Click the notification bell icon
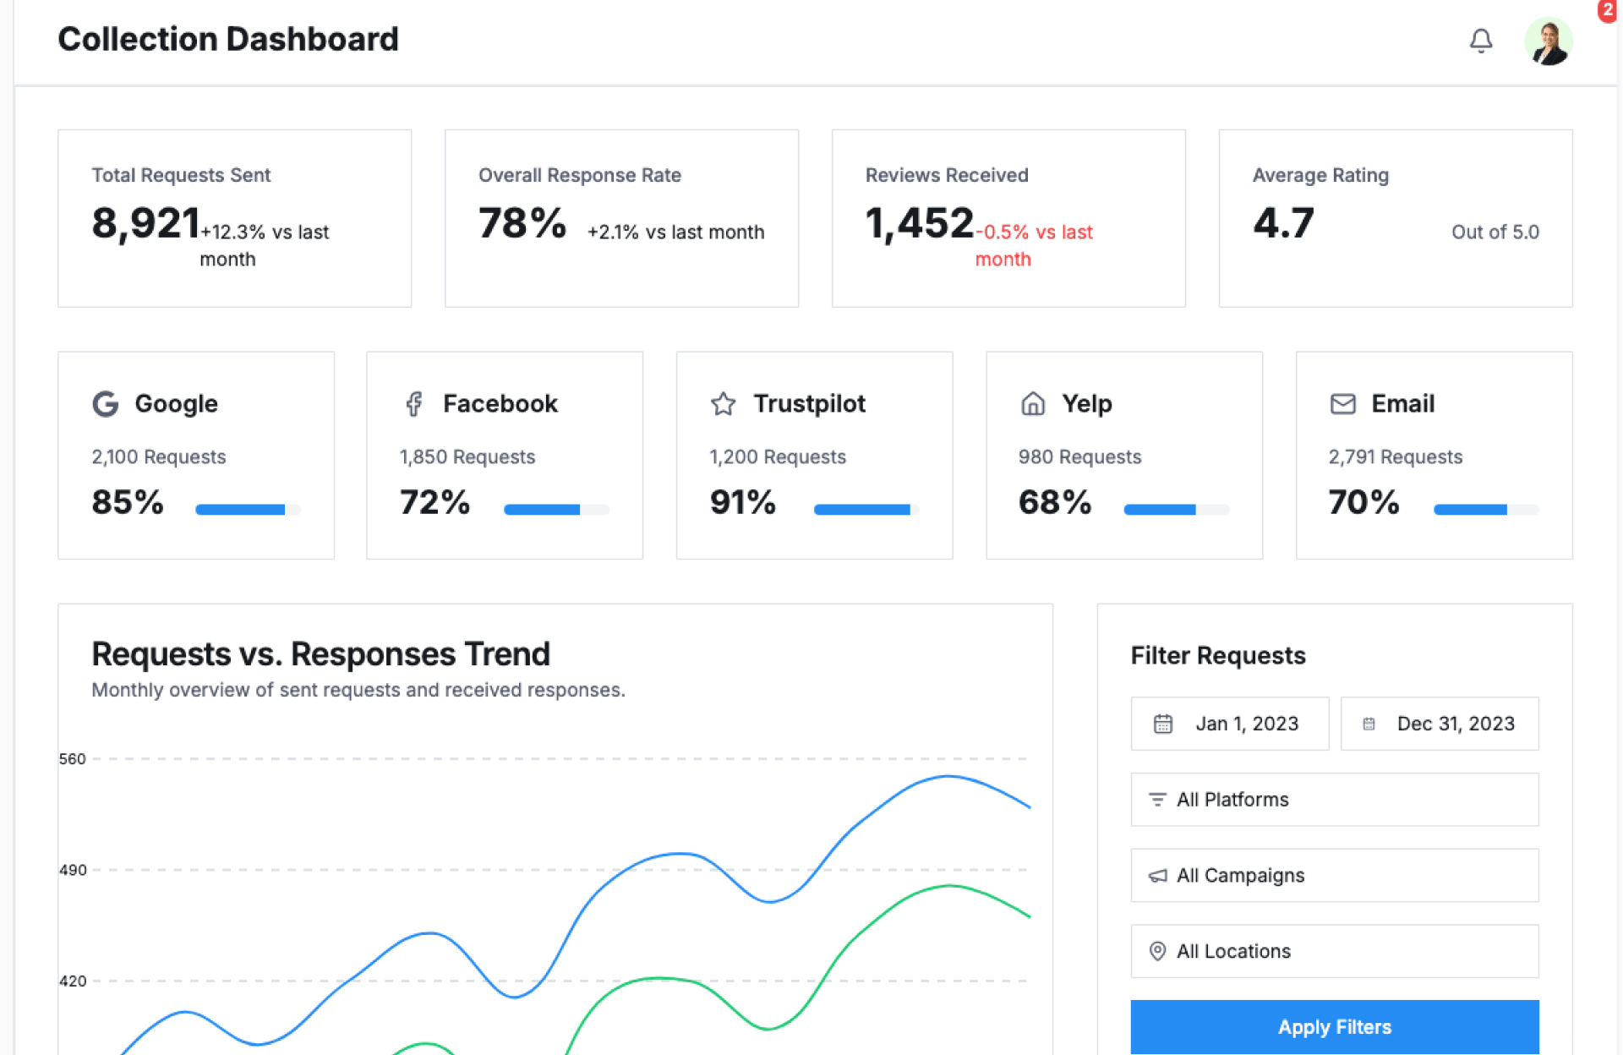(1480, 41)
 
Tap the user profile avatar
(1548, 41)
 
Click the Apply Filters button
(1334, 1026)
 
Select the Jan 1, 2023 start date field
(1229, 724)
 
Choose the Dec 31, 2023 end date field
(1439, 724)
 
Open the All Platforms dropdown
(1334, 800)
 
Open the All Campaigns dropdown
(1334, 876)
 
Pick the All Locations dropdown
(1334, 951)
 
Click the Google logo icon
(106, 404)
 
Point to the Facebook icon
(413, 404)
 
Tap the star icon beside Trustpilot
(723, 404)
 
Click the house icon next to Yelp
(1033, 404)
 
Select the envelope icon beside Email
(1342, 404)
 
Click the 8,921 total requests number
(145, 224)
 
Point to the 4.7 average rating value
(1283, 224)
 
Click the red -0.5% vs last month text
(1033, 244)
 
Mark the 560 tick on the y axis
(73, 759)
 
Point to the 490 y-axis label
(73, 870)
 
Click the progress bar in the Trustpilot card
(866, 510)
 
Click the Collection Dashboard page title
(228, 40)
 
